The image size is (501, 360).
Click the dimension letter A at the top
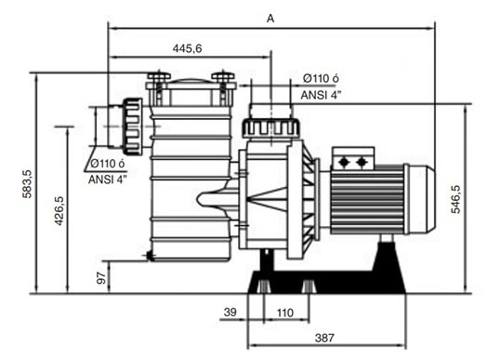(x=270, y=19)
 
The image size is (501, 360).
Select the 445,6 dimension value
(x=187, y=48)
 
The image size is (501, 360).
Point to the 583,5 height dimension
(x=28, y=184)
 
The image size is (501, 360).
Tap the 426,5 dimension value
(x=59, y=211)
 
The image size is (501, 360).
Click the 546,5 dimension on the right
(x=455, y=199)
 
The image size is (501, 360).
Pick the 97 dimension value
(x=101, y=278)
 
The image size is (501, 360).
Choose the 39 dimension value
(x=231, y=312)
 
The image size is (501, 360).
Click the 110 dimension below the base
(x=285, y=313)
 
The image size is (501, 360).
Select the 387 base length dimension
(x=324, y=338)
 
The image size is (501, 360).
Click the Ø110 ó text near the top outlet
(x=321, y=78)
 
